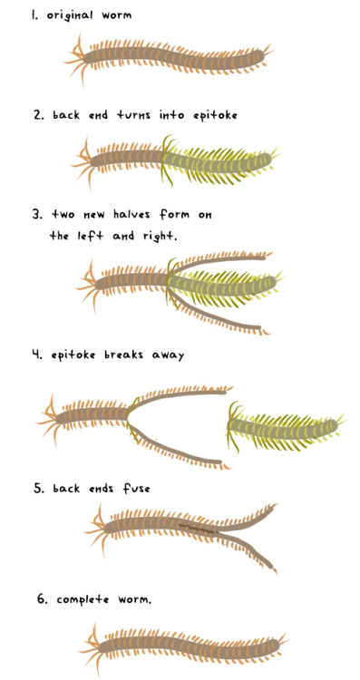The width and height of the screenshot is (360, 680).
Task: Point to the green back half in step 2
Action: pyautogui.click(x=218, y=160)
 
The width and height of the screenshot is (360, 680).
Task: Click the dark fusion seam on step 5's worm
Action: pyautogui.click(x=195, y=526)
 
